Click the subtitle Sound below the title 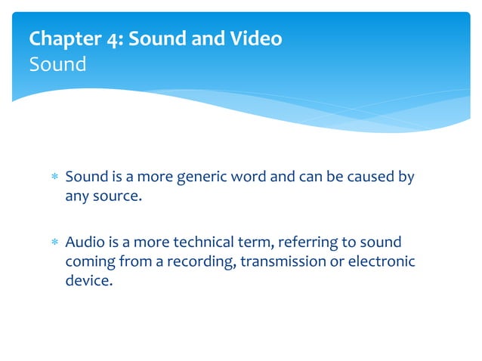click(57, 64)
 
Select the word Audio click(84, 242)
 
